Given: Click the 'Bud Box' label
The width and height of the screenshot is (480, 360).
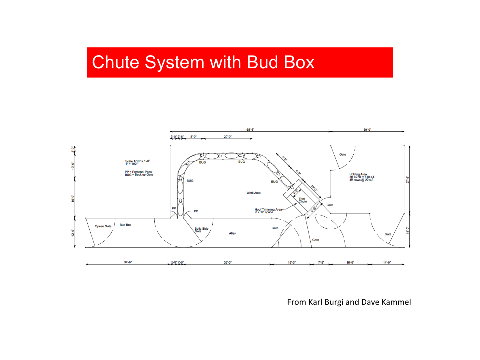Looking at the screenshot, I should click(x=125, y=225).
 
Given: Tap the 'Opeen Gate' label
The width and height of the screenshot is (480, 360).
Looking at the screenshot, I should click(x=103, y=226).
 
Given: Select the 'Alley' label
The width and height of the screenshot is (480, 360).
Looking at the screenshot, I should click(x=232, y=233).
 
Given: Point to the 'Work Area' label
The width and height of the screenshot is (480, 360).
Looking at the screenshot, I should click(x=253, y=193).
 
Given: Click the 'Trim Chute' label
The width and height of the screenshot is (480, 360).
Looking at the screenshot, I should click(x=302, y=200).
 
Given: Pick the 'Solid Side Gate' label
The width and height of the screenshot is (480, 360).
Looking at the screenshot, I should click(x=201, y=230).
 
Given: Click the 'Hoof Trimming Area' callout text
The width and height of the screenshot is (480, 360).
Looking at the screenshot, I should click(x=268, y=210).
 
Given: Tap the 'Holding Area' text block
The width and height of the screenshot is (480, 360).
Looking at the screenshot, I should click(x=361, y=177).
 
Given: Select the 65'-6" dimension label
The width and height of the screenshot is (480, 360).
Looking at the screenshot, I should click(x=250, y=130).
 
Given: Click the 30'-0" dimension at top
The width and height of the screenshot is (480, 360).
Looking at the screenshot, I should click(x=367, y=130).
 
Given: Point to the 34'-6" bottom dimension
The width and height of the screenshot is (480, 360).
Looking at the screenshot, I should click(x=128, y=262).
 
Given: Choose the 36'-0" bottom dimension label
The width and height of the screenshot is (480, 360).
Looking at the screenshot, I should click(x=228, y=262).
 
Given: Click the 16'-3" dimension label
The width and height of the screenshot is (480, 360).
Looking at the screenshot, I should click(x=292, y=262).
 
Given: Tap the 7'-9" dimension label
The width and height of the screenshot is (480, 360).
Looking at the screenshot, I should click(x=321, y=262).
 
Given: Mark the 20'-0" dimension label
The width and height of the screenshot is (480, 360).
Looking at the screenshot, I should click(x=228, y=137).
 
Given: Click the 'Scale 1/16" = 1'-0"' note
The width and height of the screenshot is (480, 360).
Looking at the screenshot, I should click(x=138, y=161).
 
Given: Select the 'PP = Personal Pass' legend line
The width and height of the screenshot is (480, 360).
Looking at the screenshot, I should click(x=138, y=172).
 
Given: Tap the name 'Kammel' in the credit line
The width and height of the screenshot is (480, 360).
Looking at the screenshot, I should click(x=396, y=302).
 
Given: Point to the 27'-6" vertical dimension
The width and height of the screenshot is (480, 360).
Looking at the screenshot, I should click(x=408, y=179).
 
